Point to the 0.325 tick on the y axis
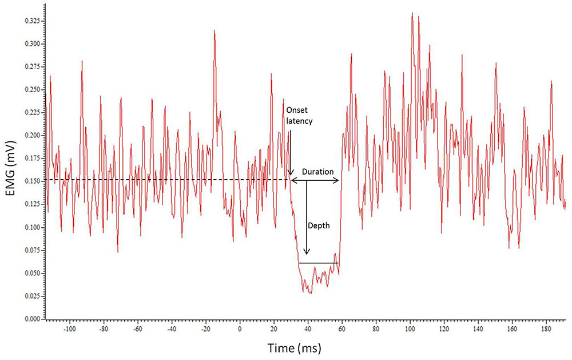[31, 21]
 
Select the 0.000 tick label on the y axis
[31, 319]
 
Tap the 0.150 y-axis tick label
[31, 181]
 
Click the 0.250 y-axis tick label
[31, 89]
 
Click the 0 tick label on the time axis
[240, 330]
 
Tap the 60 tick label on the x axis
[342, 330]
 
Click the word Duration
[314, 172]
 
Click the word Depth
[319, 226]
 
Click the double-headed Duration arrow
[315, 181]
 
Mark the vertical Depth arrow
[307, 217]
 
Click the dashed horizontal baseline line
[172, 180]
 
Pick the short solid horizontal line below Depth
[319, 263]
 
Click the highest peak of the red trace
[412, 13]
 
